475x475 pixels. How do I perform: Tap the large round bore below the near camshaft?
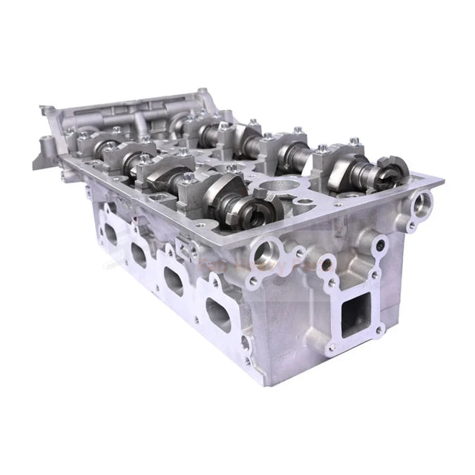click(265, 255)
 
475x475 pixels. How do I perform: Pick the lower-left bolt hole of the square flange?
click(332, 347)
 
